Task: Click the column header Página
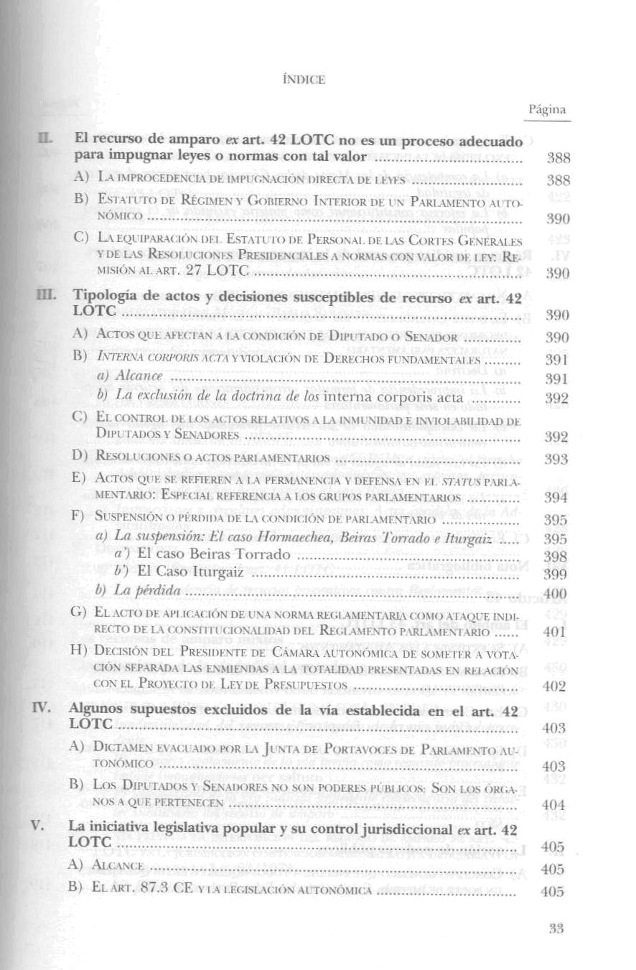(x=547, y=110)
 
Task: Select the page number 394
(x=556, y=498)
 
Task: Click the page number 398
(x=556, y=556)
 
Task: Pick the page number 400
(x=556, y=594)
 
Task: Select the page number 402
(x=556, y=686)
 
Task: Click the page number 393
(x=556, y=460)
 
